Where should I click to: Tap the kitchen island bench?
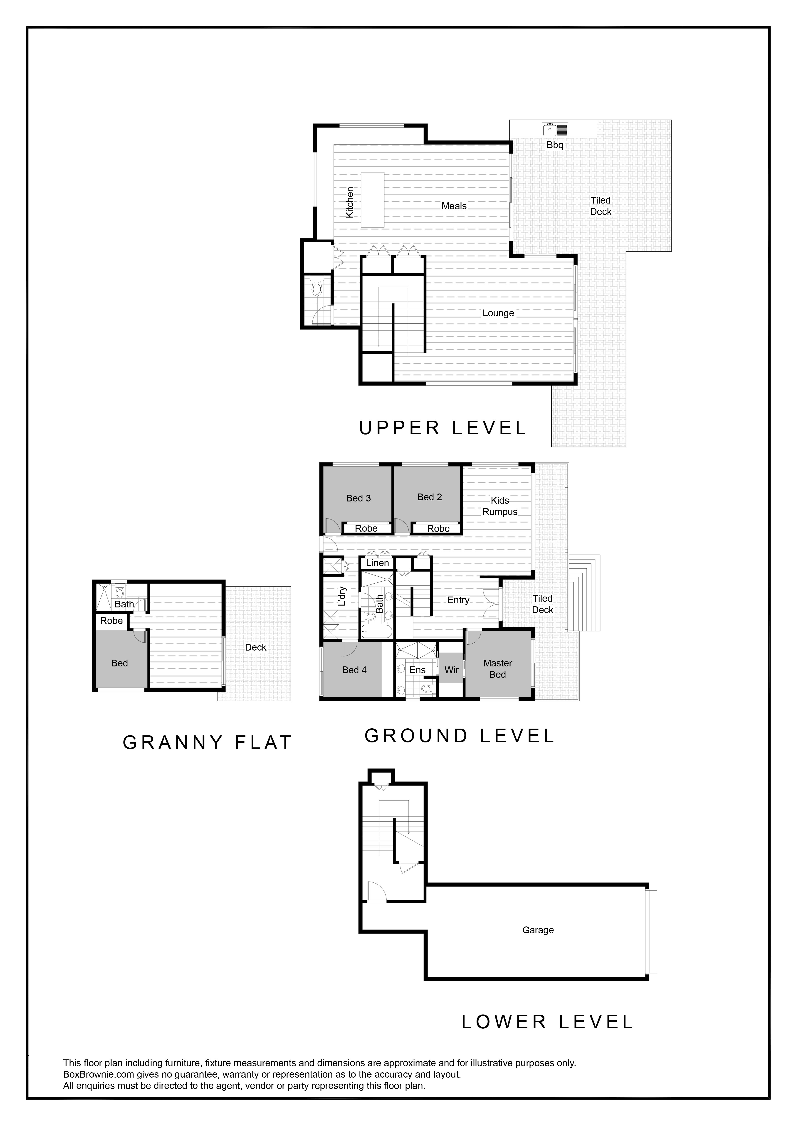[x=373, y=199]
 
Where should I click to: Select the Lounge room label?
[x=498, y=313]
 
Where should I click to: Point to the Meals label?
[x=454, y=206]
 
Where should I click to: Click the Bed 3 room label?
[x=358, y=498]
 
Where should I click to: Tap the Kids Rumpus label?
[x=500, y=506]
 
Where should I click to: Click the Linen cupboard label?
[x=377, y=563]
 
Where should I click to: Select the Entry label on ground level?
[x=458, y=600]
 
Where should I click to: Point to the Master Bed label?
[x=497, y=669]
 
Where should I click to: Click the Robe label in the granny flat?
[x=111, y=621]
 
